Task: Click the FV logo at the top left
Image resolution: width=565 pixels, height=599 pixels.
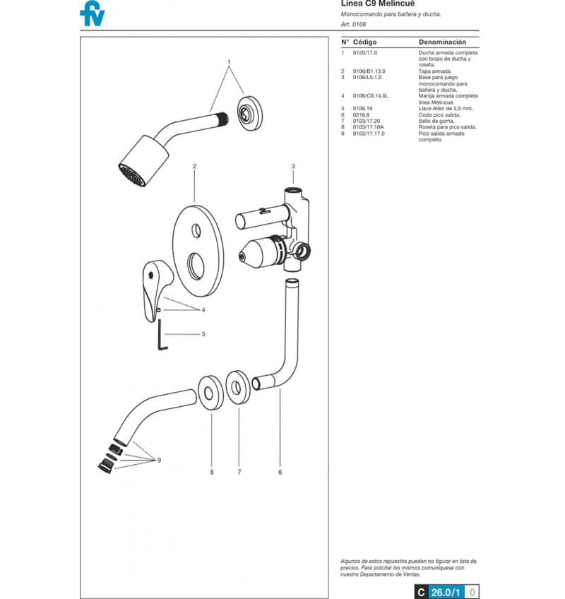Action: tap(93, 13)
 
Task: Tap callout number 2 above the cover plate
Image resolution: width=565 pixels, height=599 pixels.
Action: tap(194, 166)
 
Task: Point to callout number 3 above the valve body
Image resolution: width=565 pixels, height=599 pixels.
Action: tap(293, 166)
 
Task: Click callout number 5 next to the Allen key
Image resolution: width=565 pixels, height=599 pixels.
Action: tap(203, 333)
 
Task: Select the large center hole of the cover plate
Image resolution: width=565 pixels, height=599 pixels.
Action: tap(195, 268)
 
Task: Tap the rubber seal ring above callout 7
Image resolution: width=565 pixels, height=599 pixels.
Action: tap(239, 388)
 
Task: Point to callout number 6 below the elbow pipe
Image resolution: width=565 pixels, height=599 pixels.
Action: tap(280, 472)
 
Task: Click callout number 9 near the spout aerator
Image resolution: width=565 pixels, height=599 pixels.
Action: tap(159, 460)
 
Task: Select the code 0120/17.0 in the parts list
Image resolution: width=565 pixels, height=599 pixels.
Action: tap(365, 53)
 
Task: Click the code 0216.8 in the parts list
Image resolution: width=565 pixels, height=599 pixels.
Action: tap(362, 114)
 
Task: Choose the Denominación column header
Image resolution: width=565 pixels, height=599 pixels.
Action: tap(442, 42)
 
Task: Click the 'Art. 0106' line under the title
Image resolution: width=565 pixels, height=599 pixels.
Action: tap(354, 24)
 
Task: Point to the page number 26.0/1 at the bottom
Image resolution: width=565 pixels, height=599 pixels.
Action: tap(446, 592)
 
